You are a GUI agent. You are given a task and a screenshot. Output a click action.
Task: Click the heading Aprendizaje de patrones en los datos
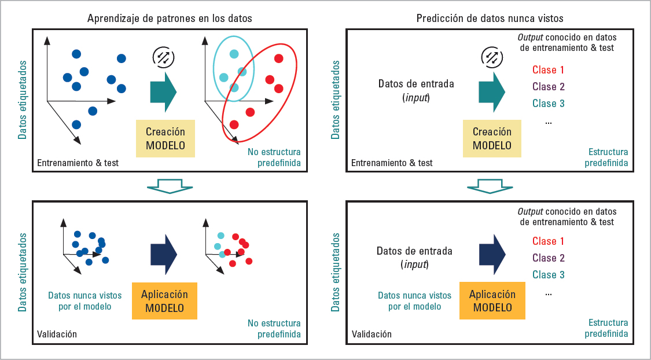click(x=170, y=19)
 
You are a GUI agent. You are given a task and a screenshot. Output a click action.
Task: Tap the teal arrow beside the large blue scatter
click(x=163, y=91)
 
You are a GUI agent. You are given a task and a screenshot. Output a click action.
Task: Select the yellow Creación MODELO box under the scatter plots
click(x=165, y=138)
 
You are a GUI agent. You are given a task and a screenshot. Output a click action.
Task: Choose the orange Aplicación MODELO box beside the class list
click(x=492, y=301)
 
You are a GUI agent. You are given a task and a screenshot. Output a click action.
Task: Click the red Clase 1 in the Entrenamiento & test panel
click(x=548, y=71)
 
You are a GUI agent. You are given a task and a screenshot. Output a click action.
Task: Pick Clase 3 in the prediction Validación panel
click(x=548, y=275)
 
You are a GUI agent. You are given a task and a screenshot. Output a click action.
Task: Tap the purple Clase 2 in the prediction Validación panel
click(x=548, y=258)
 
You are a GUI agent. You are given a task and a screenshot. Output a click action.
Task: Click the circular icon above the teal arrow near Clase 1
click(x=492, y=57)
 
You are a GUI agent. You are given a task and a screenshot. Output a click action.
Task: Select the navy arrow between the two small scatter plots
click(x=163, y=254)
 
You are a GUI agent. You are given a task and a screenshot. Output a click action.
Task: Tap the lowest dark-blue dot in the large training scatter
click(x=76, y=124)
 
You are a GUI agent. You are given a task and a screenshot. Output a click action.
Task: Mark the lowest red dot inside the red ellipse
click(x=234, y=124)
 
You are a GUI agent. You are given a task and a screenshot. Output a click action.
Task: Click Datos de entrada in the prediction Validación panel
click(x=414, y=251)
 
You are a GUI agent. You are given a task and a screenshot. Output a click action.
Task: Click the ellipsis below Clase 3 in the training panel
click(x=548, y=122)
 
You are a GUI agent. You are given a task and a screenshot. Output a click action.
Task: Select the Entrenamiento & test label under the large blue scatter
click(x=78, y=163)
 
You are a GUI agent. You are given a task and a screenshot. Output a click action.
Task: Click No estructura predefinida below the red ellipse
click(x=274, y=157)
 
